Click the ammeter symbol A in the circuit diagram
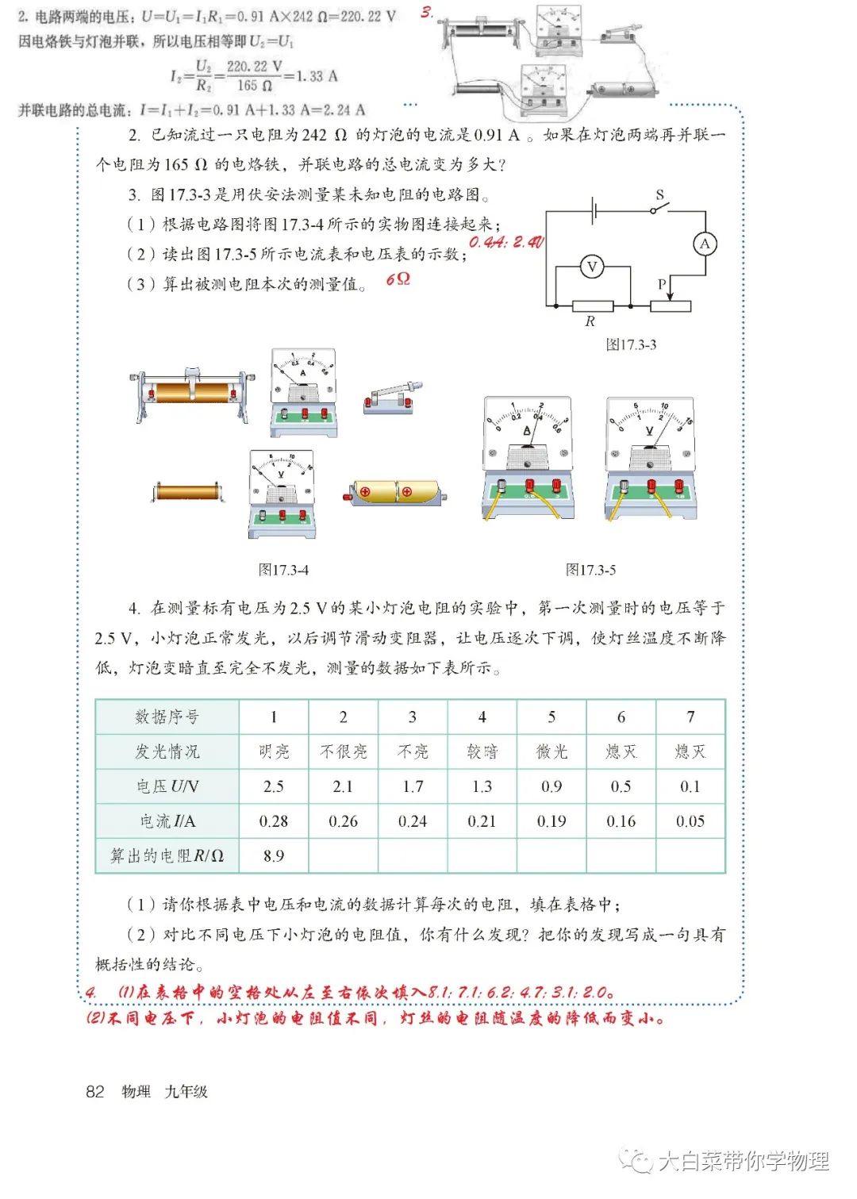tap(704, 244)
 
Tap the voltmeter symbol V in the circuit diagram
tap(591, 267)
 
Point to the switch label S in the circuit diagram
tap(659, 194)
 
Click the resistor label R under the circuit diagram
tap(590, 321)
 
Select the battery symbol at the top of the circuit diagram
tap(594, 211)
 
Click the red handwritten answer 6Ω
tap(398, 279)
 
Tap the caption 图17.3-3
tap(631, 344)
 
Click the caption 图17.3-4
tap(283, 570)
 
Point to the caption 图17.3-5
tap(590, 570)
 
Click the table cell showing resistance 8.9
tap(274, 855)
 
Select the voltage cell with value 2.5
tap(274, 786)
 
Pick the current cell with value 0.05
tap(690, 821)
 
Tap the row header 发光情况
tap(167, 751)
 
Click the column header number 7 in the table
tap(690, 717)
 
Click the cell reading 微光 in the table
tap(551, 751)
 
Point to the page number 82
tap(95, 1091)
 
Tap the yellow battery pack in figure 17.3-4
tap(394, 492)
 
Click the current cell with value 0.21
tap(482, 821)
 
